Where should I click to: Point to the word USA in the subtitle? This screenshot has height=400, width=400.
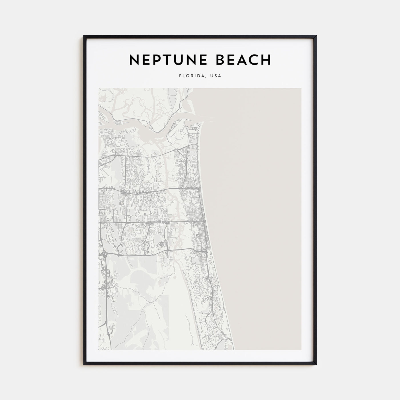coord(216,76)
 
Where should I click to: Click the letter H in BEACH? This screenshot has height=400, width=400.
coord(265,60)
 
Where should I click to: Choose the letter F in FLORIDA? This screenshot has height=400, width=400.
coord(181,76)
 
